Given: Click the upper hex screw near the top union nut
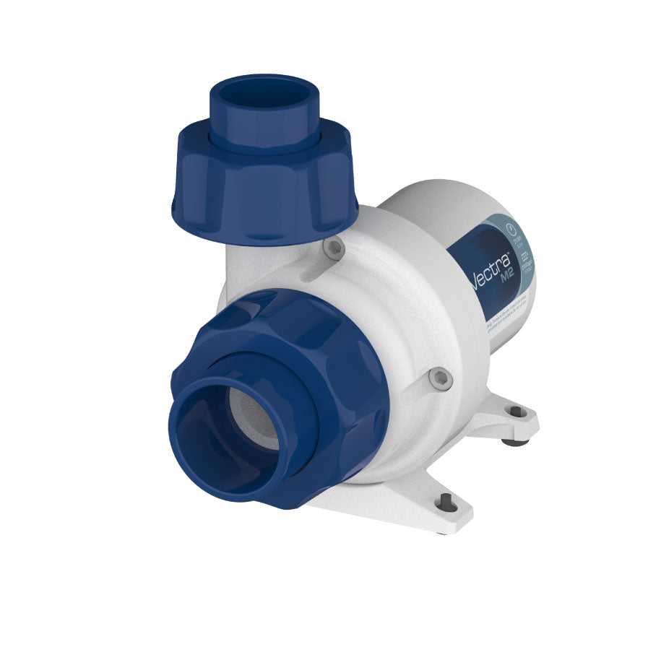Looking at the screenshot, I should pos(333,249).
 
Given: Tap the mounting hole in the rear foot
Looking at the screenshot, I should pos(516,412).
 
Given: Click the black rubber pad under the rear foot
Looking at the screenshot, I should pos(510,441).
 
